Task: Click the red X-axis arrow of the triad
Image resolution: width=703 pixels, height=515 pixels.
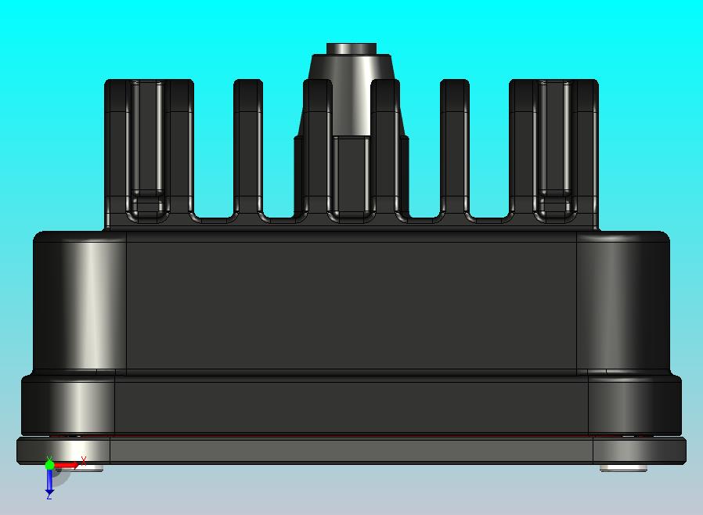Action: [x=66, y=466]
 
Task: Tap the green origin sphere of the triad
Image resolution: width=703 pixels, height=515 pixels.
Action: [x=49, y=465]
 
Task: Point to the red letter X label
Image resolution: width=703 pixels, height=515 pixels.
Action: [x=83, y=460]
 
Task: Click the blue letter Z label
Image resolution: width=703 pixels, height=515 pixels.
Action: [x=49, y=495]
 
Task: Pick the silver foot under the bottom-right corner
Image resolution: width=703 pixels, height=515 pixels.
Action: [x=624, y=468]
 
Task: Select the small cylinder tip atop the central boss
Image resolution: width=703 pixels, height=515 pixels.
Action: [x=351, y=49]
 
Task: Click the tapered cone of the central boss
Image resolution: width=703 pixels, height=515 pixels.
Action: [x=351, y=94]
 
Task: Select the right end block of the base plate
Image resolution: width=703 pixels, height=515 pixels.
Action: [x=638, y=450]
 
